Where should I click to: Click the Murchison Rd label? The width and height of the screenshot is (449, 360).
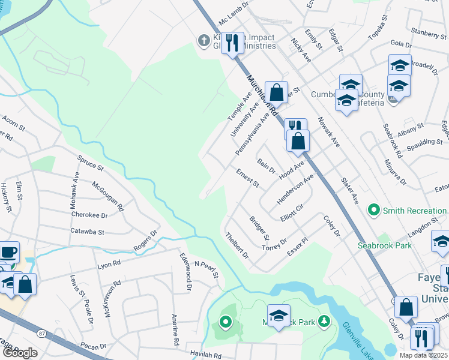(262, 95)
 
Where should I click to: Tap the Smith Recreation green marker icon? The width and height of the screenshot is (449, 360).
(374, 210)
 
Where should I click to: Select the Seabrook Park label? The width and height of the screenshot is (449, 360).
(385, 245)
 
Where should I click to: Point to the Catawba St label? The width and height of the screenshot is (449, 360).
(87, 231)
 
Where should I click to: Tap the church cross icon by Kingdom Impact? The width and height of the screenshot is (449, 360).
(204, 41)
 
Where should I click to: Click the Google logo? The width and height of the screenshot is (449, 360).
(20, 352)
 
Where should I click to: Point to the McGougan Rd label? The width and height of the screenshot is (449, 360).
(108, 196)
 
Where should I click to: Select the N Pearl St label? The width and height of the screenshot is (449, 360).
(206, 269)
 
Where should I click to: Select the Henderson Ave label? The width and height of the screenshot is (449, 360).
(295, 190)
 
